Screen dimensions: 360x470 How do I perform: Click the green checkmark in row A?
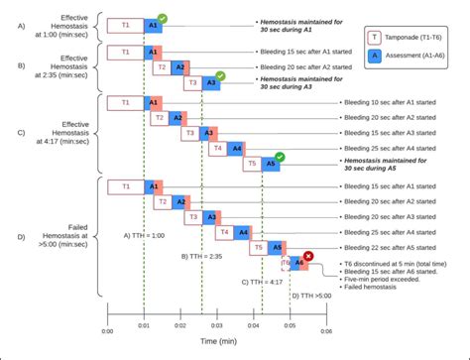click(x=163, y=18)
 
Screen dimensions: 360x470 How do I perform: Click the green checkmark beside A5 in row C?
click(x=281, y=156)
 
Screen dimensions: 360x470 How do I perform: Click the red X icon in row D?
click(x=308, y=256)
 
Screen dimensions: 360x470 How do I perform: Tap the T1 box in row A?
click(x=125, y=23)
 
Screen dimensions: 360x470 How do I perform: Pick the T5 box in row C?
click(x=252, y=164)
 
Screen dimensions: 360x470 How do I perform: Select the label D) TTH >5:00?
click(x=310, y=296)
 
